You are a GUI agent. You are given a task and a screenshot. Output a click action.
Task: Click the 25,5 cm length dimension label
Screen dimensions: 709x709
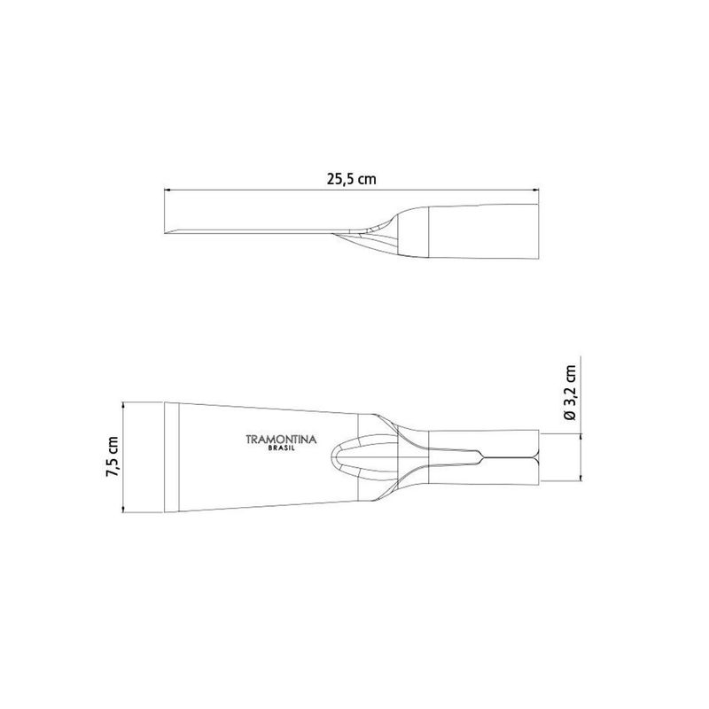[x=351, y=180]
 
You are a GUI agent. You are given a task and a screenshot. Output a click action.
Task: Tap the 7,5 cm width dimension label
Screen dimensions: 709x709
[x=112, y=456]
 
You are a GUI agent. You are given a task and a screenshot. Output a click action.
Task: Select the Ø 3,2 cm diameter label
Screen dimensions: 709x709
[x=571, y=393]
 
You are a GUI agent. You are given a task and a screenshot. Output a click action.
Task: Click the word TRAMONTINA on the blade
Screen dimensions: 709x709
[x=281, y=440]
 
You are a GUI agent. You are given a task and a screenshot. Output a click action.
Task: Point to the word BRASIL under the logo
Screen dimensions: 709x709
[x=281, y=448]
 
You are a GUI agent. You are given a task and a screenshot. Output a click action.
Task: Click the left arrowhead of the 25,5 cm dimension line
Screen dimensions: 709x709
[x=167, y=191]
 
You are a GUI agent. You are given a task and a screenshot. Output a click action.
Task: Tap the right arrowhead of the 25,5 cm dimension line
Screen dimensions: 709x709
[x=537, y=191]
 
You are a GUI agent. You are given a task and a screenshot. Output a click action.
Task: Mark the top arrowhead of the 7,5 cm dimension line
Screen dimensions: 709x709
[x=123, y=405]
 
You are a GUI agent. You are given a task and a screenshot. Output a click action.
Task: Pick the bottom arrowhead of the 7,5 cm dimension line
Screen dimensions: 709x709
[x=123, y=509]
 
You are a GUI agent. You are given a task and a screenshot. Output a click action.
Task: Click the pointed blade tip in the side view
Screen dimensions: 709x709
[x=166, y=232]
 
